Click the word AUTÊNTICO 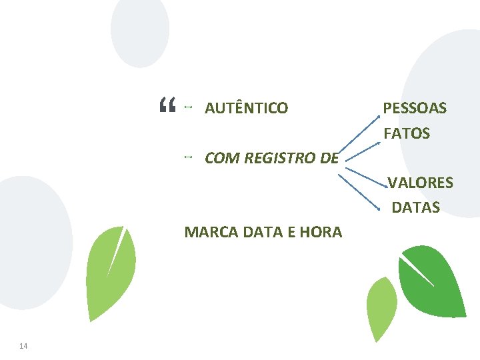coord(246,108)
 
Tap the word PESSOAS coord(415,108)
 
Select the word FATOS coord(407,133)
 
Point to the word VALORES coord(421,183)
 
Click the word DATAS coord(416,207)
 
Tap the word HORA coord(321,232)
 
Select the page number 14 coord(24,345)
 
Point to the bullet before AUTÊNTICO coord(189,107)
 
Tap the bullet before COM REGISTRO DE coord(189,157)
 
